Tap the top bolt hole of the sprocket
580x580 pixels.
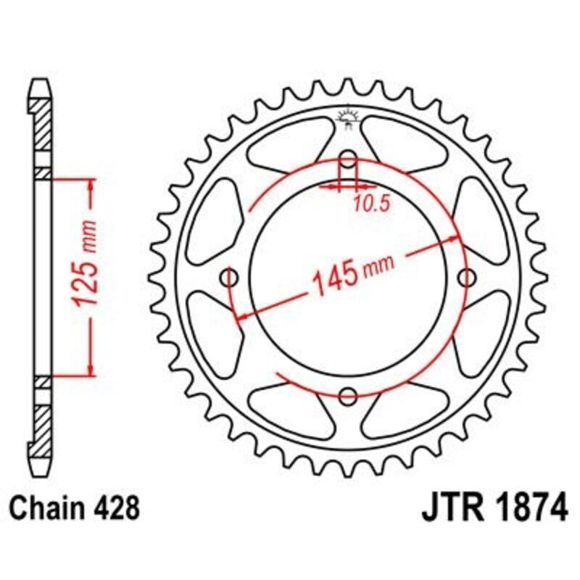coord(349,159)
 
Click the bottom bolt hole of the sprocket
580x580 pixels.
coord(349,396)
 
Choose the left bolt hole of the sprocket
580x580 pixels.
coord(231,278)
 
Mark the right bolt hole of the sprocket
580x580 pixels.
coord(467,277)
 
